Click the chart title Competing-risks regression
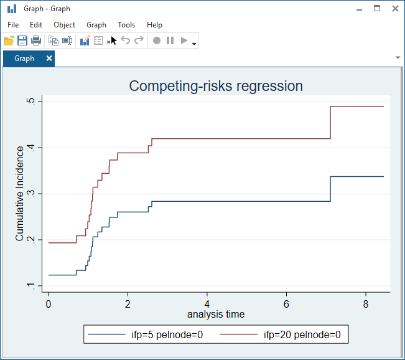(x=216, y=87)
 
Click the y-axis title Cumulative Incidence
(x=20, y=193)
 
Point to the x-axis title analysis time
(x=216, y=315)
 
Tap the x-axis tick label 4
(x=207, y=304)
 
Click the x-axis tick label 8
(x=365, y=304)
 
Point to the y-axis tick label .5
(x=39, y=102)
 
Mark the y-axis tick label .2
(x=39, y=240)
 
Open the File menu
(x=13, y=25)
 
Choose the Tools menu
(x=126, y=25)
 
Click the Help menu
(x=154, y=25)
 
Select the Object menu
(x=65, y=25)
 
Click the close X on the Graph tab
(x=49, y=59)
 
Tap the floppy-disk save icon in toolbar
(x=22, y=40)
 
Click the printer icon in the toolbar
(x=36, y=40)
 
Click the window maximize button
(x=377, y=9)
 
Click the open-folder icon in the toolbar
(x=9, y=40)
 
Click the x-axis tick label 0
(x=49, y=304)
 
